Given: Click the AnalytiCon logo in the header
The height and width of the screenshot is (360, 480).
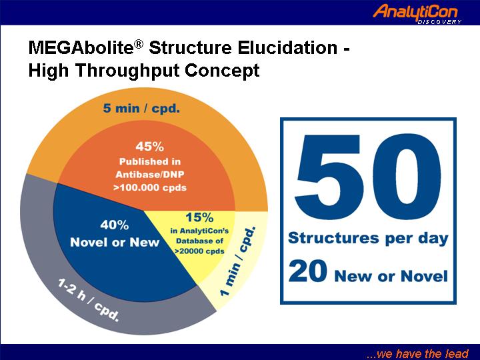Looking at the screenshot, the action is point(417,14).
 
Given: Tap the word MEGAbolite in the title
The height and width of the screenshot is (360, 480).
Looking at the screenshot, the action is point(81,49).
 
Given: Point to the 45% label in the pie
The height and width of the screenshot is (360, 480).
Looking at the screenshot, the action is point(150,147).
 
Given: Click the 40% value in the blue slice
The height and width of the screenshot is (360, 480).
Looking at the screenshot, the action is point(115,225).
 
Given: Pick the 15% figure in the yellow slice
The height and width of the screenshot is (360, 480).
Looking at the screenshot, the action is point(199,217).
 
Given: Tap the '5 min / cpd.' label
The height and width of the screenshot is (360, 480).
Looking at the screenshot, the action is point(141,108).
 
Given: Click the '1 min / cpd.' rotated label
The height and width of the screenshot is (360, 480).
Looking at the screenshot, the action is point(238,261).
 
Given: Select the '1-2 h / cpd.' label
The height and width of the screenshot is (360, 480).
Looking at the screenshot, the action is point(89,300).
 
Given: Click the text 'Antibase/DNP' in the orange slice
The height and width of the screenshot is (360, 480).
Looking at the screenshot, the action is point(150,175).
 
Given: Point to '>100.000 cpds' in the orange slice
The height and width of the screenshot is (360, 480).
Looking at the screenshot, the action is point(150,187).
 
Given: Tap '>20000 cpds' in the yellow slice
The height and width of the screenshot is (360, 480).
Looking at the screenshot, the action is point(199,251).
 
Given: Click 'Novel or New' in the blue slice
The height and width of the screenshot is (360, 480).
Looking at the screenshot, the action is point(115,243).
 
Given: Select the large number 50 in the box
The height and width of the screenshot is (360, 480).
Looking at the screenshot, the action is point(367,177).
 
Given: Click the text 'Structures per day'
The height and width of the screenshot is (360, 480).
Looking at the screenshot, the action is point(368,239).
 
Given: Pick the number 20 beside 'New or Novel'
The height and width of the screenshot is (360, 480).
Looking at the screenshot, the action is point(307,271).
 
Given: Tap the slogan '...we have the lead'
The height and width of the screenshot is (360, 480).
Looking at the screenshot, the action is point(417,353).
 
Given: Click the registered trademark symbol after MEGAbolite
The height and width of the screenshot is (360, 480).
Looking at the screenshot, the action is point(139,45).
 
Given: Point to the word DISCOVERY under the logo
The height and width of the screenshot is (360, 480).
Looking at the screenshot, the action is point(439,22).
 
